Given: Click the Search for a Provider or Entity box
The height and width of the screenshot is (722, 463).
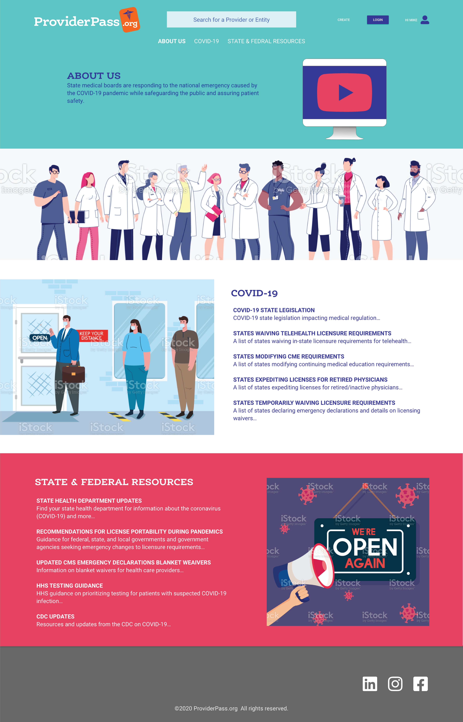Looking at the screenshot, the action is pyautogui.click(x=231, y=20).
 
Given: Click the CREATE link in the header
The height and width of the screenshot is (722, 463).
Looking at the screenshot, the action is pyautogui.click(x=343, y=20).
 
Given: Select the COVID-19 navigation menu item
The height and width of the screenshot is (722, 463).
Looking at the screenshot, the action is pyautogui.click(x=206, y=41).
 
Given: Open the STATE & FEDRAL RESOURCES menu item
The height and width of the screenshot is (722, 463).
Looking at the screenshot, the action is pyautogui.click(x=266, y=41).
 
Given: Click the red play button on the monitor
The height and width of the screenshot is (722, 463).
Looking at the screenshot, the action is pyautogui.click(x=345, y=92).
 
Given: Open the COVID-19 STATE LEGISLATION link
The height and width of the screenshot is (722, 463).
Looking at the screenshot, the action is pyautogui.click(x=274, y=310).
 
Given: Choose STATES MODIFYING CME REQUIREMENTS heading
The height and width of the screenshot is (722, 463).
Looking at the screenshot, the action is pyautogui.click(x=288, y=356).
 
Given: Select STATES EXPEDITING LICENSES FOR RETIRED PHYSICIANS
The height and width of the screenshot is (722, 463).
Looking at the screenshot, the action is pyautogui.click(x=310, y=380).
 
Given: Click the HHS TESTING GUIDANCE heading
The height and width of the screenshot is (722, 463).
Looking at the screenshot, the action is pyautogui.click(x=69, y=585).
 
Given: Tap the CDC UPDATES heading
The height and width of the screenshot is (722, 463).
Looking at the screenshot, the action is pyautogui.click(x=55, y=616).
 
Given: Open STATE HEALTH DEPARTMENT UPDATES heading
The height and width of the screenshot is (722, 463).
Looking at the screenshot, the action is pyautogui.click(x=89, y=501).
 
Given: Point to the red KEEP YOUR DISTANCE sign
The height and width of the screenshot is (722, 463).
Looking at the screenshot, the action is pyautogui.click(x=92, y=336).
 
